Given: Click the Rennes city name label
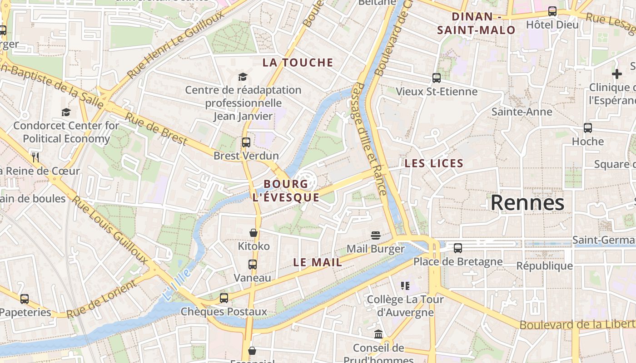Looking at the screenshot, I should (x=527, y=203).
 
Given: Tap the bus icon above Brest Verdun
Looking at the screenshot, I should (x=246, y=142).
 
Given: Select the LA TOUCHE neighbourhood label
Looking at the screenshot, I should (x=298, y=63).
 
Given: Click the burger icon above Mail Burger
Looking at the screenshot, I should (x=375, y=235).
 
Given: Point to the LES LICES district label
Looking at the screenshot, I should (x=434, y=163).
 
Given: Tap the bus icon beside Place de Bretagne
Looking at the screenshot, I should (x=457, y=248).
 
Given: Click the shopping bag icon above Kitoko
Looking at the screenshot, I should (x=253, y=233).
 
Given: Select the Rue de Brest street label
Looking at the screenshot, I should (x=156, y=129).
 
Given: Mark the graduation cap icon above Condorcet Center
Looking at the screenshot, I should (x=66, y=112).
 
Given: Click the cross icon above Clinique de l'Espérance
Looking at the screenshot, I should (x=616, y=74).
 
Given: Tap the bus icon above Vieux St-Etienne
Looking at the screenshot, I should (x=436, y=78).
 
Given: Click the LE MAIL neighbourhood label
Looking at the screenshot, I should (x=318, y=262).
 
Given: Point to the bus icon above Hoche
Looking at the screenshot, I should (x=587, y=128).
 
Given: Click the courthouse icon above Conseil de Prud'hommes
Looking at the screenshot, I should (x=378, y=334).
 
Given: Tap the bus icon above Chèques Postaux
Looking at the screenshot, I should (x=224, y=298).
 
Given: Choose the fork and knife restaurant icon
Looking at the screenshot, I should (x=35, y=157).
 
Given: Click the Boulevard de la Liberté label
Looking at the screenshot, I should (x=577, y=324).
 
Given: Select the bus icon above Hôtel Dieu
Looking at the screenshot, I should (x=552, y=11).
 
